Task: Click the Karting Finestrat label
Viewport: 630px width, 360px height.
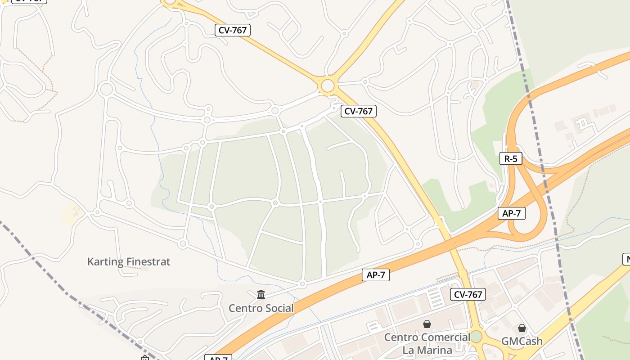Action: pos(129,261)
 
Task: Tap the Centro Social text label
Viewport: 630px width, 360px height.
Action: pos(261,308)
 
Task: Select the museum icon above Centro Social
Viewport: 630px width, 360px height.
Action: pos(261,295)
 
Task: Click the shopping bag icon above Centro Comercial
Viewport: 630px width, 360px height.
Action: pos(427,324)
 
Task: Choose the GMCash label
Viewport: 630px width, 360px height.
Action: pos(522,342)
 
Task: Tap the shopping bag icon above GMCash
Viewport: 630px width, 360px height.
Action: pos(522,328)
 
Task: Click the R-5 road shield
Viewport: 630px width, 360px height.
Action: pos(511,158)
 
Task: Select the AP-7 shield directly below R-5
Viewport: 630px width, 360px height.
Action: pos(512,213)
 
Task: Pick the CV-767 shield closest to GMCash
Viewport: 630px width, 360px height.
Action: pos(468,295)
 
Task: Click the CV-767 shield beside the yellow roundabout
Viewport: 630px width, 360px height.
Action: pos(358,111)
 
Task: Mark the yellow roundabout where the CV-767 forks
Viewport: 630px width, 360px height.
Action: pos(328,85)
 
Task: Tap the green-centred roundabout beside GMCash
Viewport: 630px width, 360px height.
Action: pos(477,336)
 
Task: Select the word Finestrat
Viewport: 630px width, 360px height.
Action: pos(148,261)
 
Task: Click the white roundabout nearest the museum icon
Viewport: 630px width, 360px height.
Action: pos(302,284)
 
